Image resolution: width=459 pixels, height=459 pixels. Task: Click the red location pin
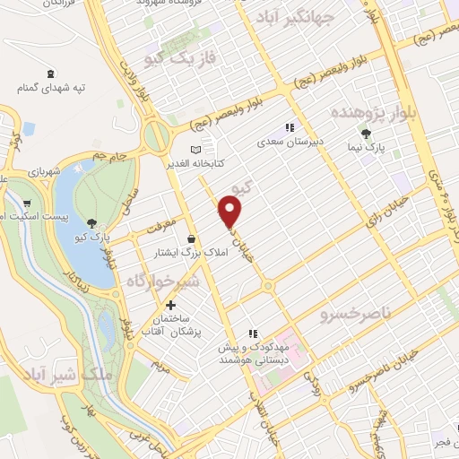pyautogui.click(x=230, y=212)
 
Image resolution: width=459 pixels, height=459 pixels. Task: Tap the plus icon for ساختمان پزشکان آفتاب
pyautogui.click(x=170, y=305)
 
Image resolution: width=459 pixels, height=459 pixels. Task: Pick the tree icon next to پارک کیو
pyautogui.click(x=92, y=223)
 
